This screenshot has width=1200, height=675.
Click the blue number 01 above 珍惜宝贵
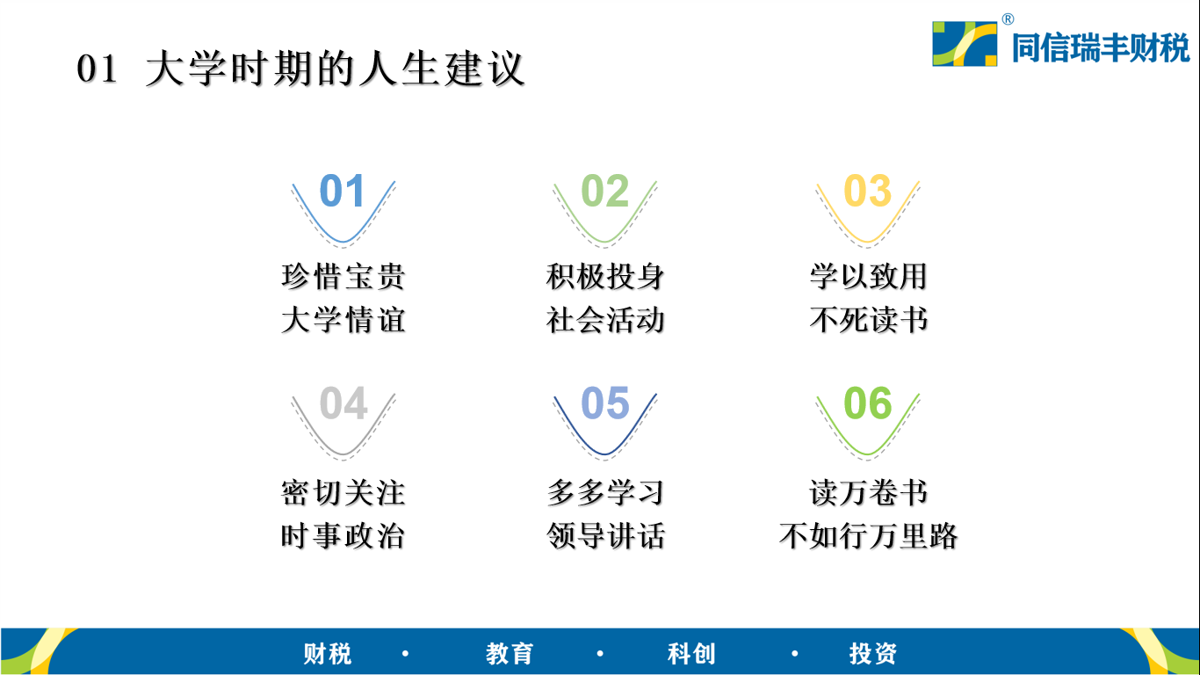click(343, 191)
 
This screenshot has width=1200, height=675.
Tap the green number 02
click(604, 191)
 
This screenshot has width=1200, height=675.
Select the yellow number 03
click(867, 191)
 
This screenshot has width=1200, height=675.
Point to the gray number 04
click(343, 403)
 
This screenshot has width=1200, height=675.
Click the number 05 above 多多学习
click(604, 403)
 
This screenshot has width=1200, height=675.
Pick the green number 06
click(867, 403)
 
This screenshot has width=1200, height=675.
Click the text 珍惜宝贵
click(343, 277)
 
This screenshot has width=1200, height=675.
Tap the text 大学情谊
click(343, 320)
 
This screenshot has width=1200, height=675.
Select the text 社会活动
click(605, 320)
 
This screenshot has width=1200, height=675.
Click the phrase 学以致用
click(869, 277)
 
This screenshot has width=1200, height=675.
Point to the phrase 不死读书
click(869, 320)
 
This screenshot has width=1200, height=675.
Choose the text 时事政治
click(343, 535)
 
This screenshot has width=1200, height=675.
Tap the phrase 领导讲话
click(605, 535)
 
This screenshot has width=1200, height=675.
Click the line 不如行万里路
click(869, 535)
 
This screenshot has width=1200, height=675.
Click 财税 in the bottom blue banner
click(328, 654)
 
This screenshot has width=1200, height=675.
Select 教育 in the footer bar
click(510, 654)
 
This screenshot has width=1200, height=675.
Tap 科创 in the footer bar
click(691, 654)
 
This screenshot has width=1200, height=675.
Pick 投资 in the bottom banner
click(873, 654)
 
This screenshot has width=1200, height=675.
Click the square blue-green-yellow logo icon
click(965, 44)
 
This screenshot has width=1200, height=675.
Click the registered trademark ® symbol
click(1008, 19)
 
